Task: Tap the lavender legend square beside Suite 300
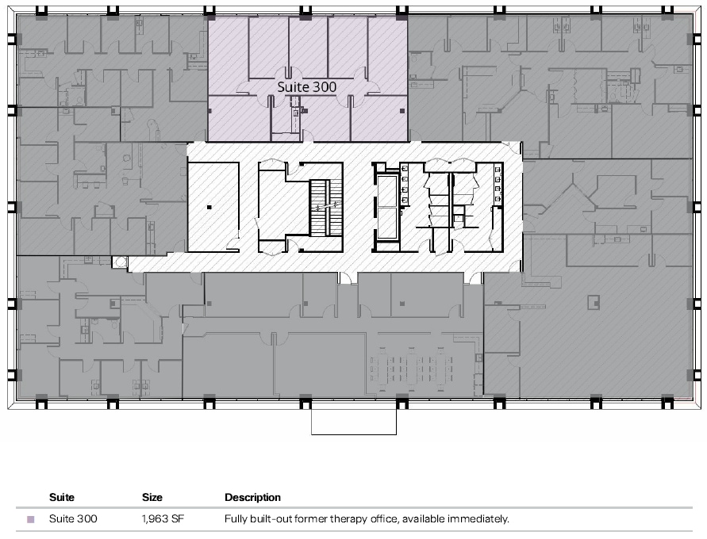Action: [31, 520]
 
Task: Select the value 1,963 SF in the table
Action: [163, 520]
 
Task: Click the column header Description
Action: [252, 498]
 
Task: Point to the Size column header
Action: [152, 498]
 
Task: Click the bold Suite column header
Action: [62, 498]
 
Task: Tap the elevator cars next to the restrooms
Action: [388, 206]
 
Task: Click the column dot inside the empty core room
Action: [209, 208]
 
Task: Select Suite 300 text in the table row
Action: [73, 520]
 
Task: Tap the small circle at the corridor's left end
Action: [120, 262]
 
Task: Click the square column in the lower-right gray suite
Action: [590, 300]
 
